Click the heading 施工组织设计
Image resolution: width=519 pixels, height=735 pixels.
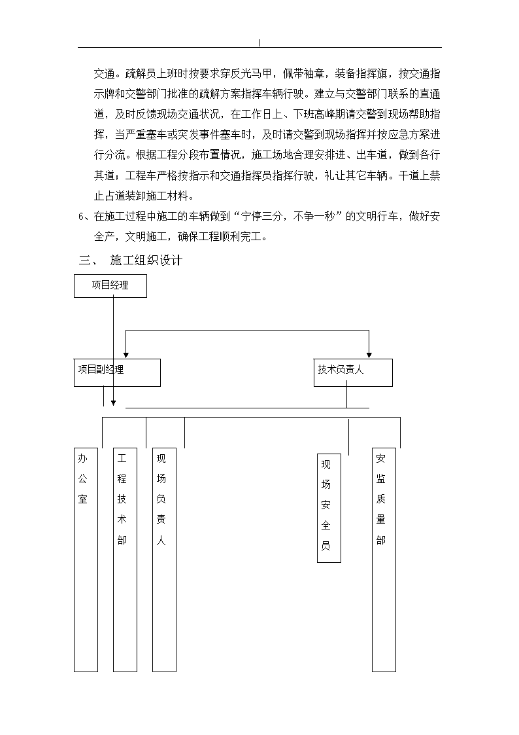pyautogui.click(x=146, y=260)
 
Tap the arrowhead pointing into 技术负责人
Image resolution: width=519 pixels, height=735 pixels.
pyautogui.click(x=369, y=355)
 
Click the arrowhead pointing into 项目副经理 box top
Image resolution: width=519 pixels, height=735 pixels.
pyautogui.click(x=126, y=355)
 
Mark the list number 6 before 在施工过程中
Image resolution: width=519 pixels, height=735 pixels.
pyautogui.click(x=81, y=217)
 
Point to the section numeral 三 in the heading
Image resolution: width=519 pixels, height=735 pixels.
pyautogui.click(x=85, y=260)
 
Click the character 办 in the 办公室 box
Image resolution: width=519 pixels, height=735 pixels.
pyautogui.click(x=83, y=458)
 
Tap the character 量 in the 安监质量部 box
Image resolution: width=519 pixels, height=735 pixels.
pyautogui.click(x=380, y=520)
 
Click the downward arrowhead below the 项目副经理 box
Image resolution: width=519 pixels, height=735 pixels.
pyautogui.click(x=113, y=403)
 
